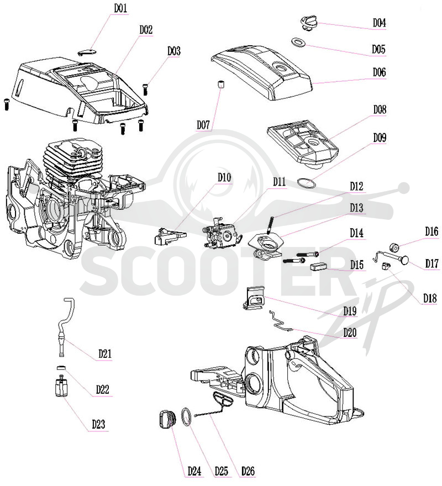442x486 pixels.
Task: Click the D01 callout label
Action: (x=120, y=8)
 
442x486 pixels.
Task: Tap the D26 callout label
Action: (x=248, y=471)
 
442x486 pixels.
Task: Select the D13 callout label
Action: (x=356, y=208)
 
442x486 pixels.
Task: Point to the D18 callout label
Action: (x=430, y=298)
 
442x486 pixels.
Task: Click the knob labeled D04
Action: (x=309, y=24)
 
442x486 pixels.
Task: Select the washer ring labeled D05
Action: (x=298, y=42)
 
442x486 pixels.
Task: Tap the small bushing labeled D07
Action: (x=220, y=84)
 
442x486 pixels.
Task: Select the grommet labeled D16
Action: (x=394, y=247)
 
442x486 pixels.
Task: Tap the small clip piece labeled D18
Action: (x=386, y=266)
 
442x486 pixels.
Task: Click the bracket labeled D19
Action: (x=254, y=298)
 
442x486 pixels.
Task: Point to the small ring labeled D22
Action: (x=62, y=368)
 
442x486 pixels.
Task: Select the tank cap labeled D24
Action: (x=168, y=419)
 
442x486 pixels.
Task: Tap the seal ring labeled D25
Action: (x=186, y=417)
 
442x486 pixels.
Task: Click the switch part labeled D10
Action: (x=170, y=236)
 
